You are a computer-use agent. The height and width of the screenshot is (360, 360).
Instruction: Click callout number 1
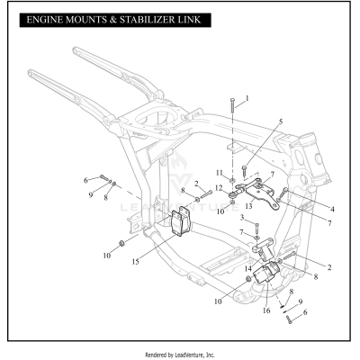point(247,96)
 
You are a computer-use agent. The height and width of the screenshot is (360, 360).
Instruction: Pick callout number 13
point(248,206)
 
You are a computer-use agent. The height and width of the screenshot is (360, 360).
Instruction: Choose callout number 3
point(241,218)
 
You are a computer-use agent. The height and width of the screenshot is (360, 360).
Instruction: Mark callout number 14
point(247,268)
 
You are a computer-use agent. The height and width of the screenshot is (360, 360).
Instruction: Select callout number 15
point(134,262)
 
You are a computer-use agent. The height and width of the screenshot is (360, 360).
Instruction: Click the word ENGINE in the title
point(49,19)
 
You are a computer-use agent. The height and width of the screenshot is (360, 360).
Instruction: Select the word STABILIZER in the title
point(153,19)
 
